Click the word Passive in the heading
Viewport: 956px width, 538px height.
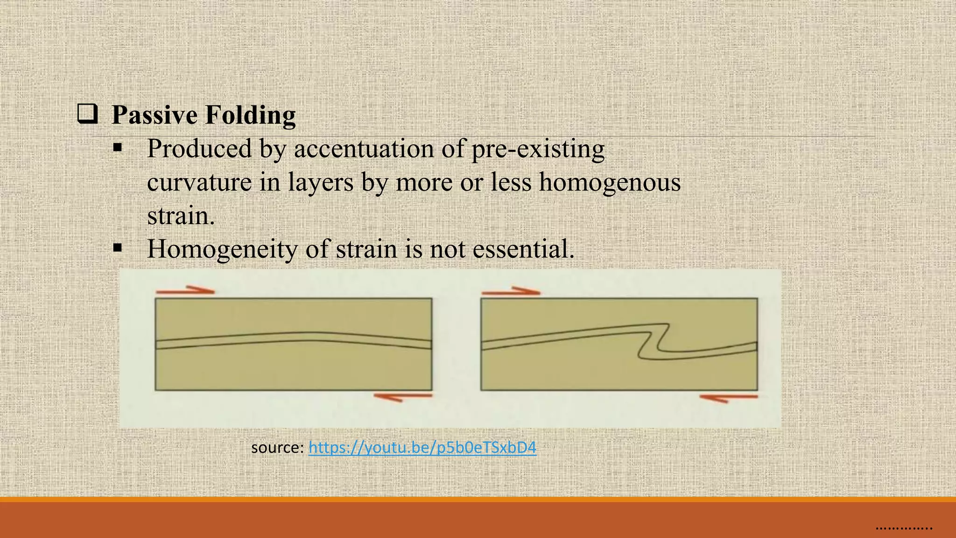[155, 115]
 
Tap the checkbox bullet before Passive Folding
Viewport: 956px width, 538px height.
[87, 114]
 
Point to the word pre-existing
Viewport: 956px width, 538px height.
[538, 149]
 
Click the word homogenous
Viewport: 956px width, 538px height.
[610, 182]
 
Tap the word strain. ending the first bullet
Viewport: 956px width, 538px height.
[181, 216]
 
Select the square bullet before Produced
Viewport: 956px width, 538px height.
[117, 149]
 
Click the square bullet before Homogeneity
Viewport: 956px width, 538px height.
[117, 248]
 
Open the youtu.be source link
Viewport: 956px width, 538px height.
[422, 447]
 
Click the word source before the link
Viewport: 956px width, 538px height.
[277, 448]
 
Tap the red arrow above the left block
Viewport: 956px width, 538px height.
[185, 290]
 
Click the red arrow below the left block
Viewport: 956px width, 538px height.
[403, 397]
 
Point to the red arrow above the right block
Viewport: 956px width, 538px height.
[511, 291]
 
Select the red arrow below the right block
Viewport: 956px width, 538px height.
[728, 398]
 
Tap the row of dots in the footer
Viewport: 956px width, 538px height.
[904, 528]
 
